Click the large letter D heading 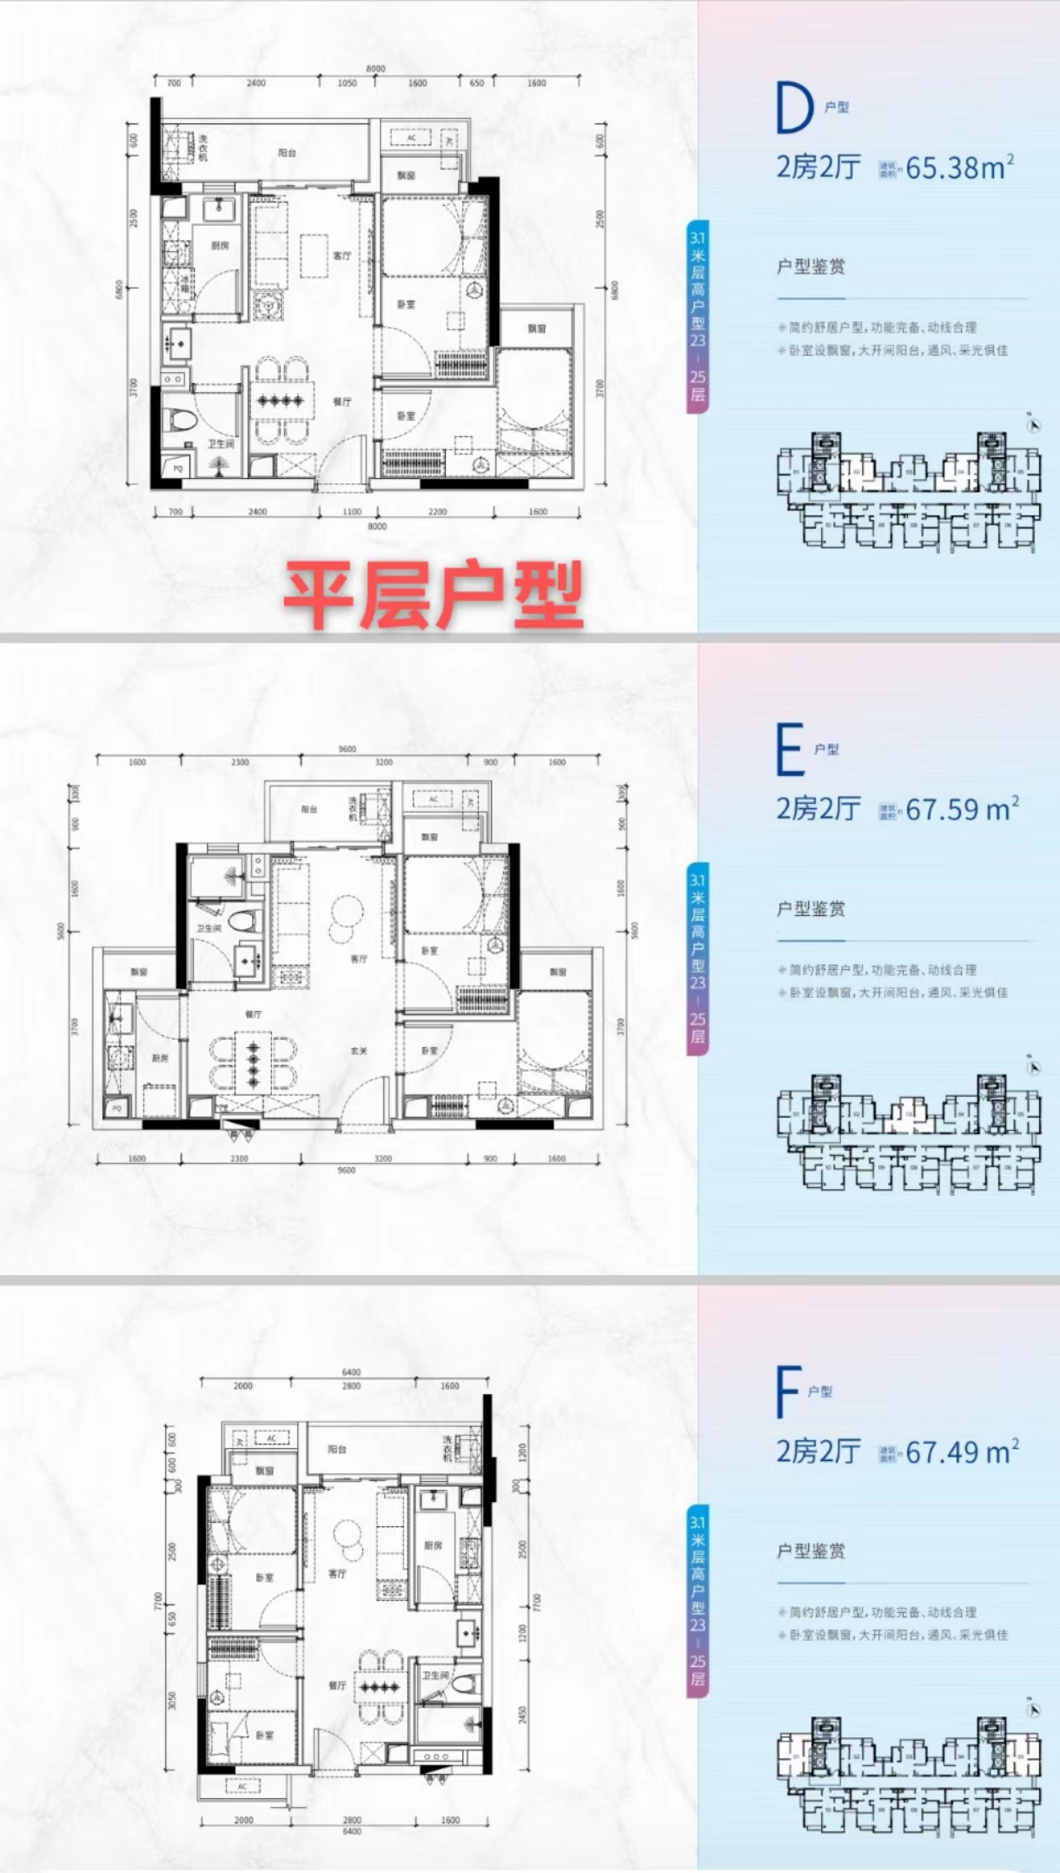[793, 109]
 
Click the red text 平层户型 [433, 595]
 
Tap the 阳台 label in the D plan [288, 153]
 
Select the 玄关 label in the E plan [359, 1051]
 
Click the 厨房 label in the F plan [434, 1545]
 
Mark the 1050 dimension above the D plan [347, 83]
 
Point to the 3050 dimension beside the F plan [172, 1700]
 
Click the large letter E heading [789, 750]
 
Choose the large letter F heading [787, 1391]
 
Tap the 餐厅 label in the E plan [253, 1014]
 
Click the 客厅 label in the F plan [337, 1573]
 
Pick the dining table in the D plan [280, 401]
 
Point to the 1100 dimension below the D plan [351, 512]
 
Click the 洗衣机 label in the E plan [353, 809]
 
